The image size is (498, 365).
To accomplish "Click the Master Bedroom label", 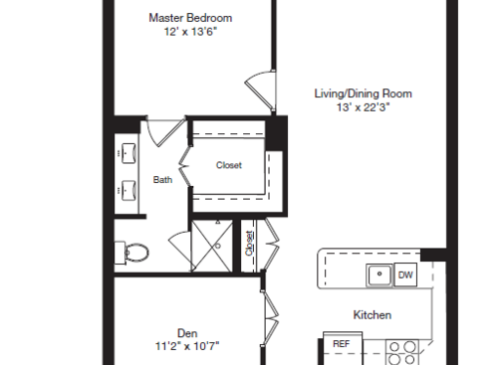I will pos(189,17).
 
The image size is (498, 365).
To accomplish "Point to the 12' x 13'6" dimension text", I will pos(189,32).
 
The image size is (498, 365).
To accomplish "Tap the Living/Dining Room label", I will pos(363,93).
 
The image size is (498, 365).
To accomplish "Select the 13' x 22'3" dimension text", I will pos(363,107).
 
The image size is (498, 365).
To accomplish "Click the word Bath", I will pos(162,180).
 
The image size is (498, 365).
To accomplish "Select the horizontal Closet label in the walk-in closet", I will pos(229,166).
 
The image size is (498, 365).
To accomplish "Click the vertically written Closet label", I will pos(249,244).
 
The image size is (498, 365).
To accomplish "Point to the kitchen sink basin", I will pos(378,274).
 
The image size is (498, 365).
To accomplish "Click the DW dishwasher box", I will pos(405,274).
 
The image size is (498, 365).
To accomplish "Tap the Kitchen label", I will pos(372,315).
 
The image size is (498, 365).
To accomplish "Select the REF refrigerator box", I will pos(341,344).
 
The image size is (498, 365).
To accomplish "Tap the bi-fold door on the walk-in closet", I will pos(184,167).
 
